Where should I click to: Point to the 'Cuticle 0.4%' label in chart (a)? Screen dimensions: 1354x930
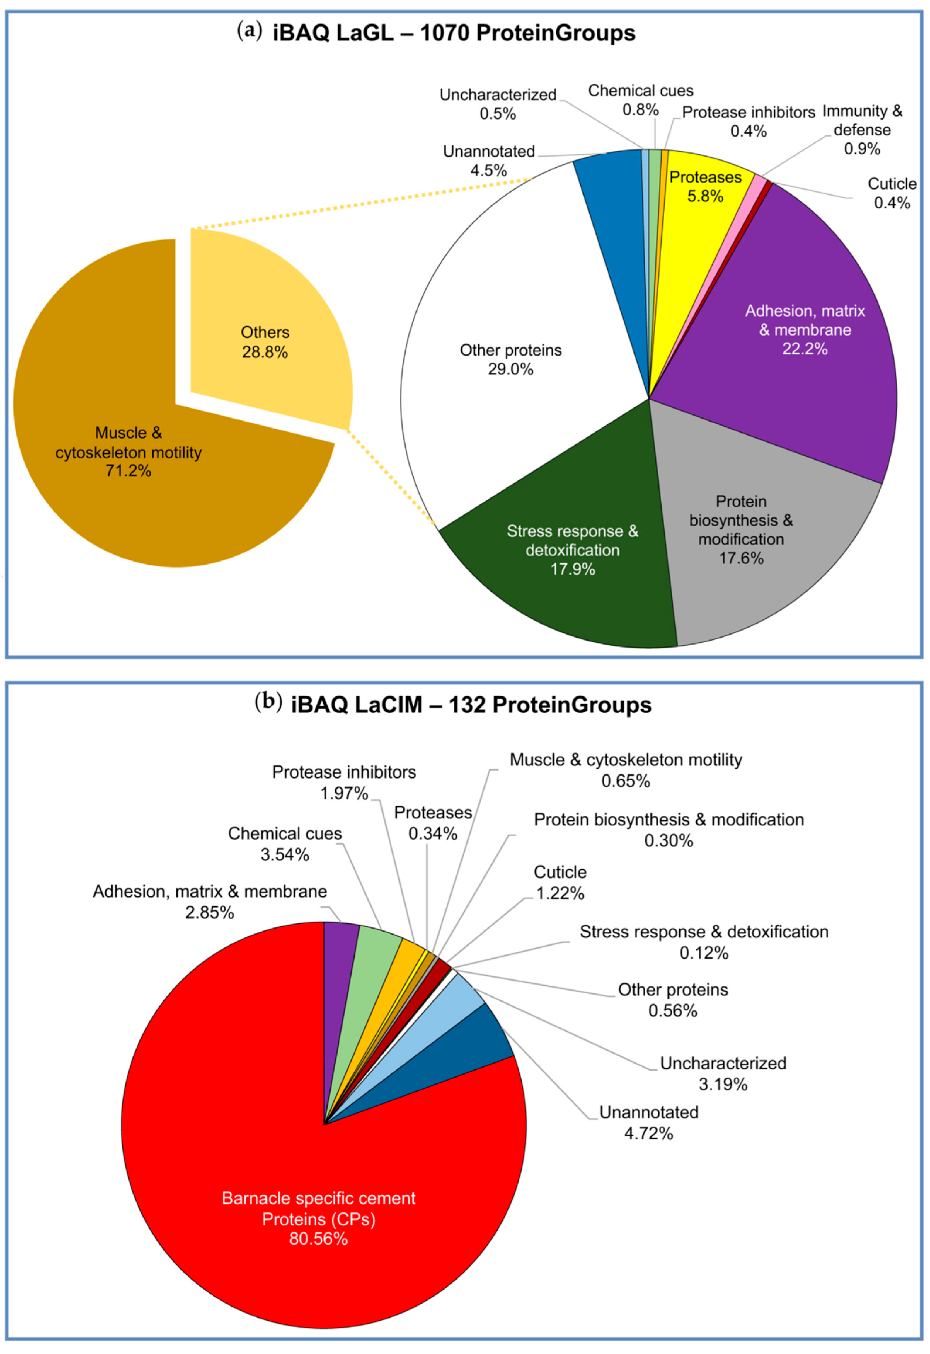tap(892, 193)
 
